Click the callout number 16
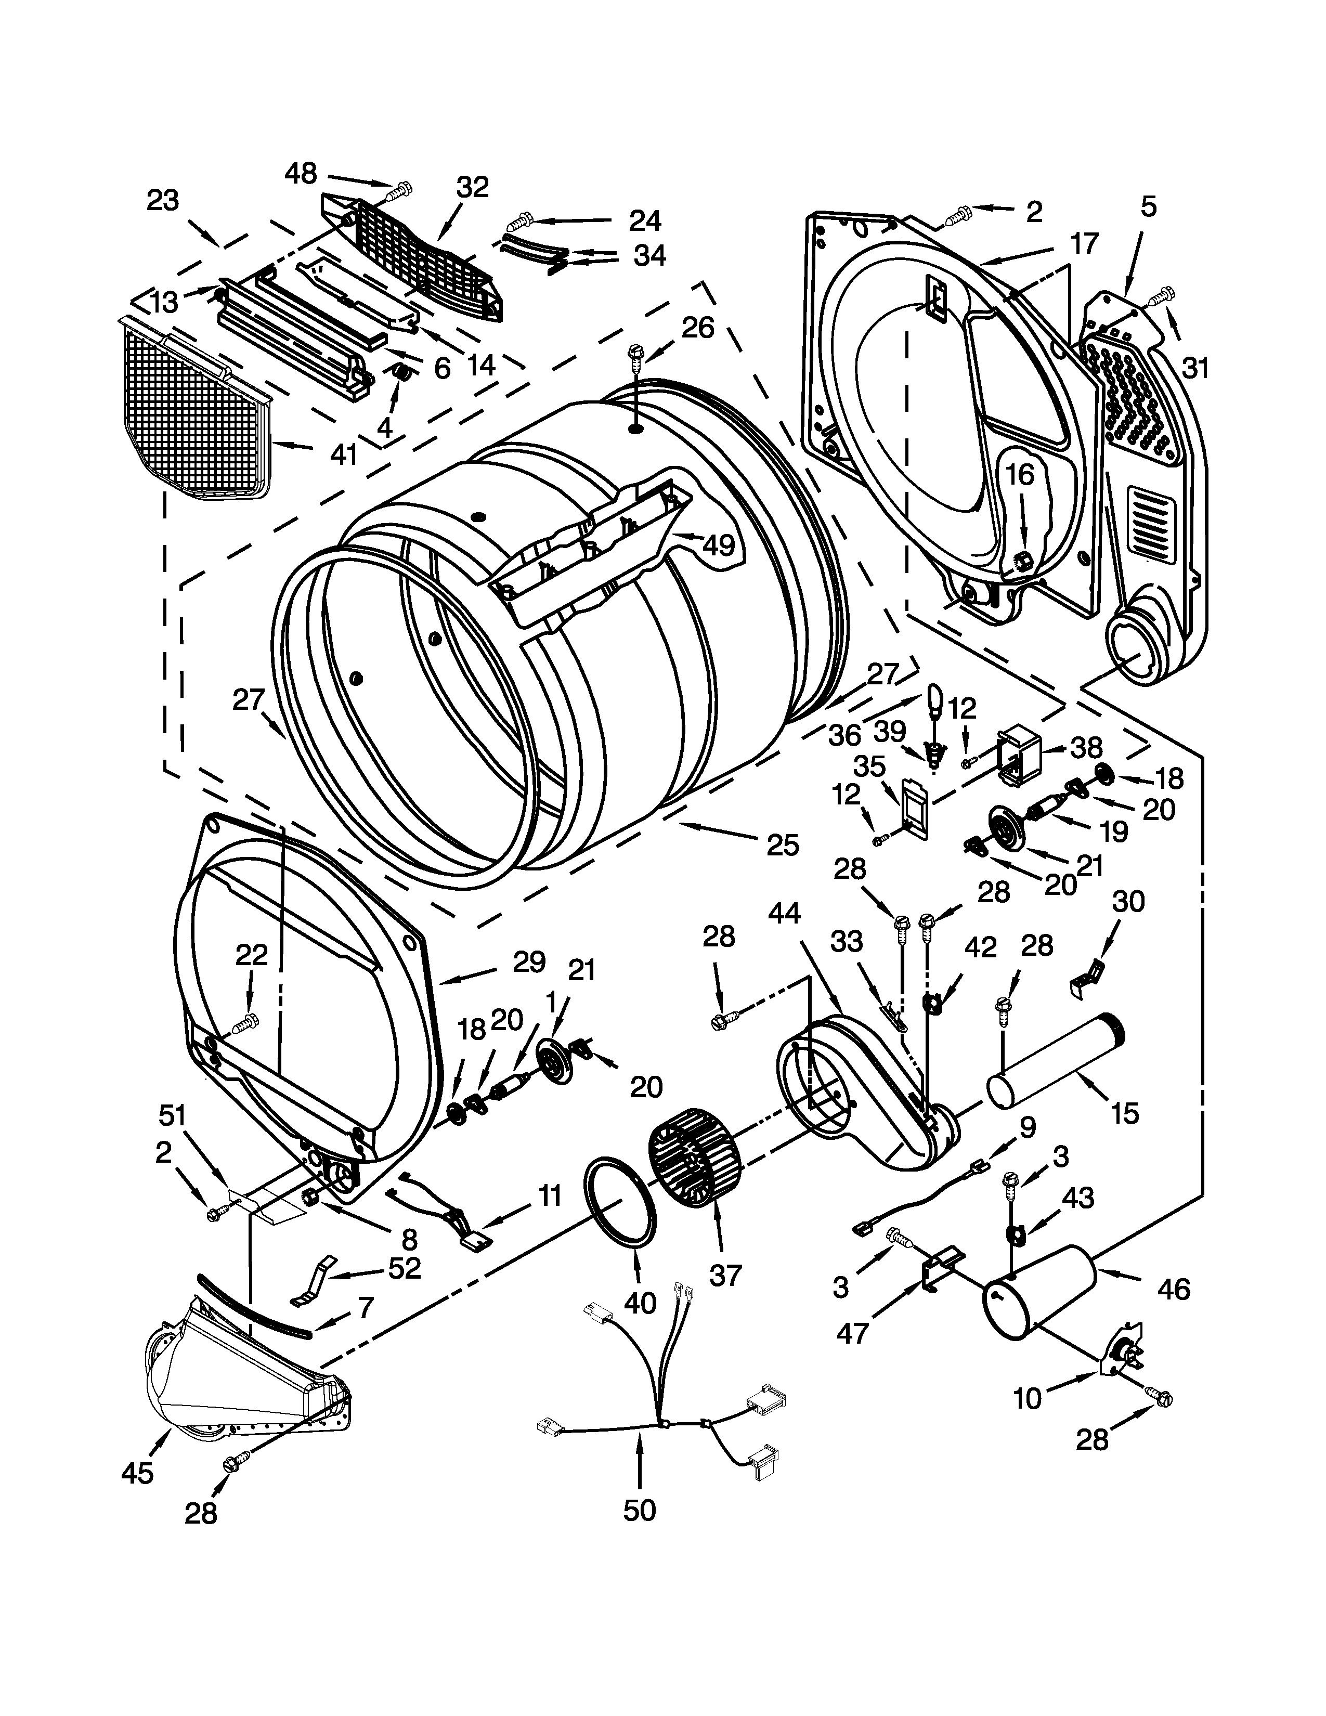coord(1020,475)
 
